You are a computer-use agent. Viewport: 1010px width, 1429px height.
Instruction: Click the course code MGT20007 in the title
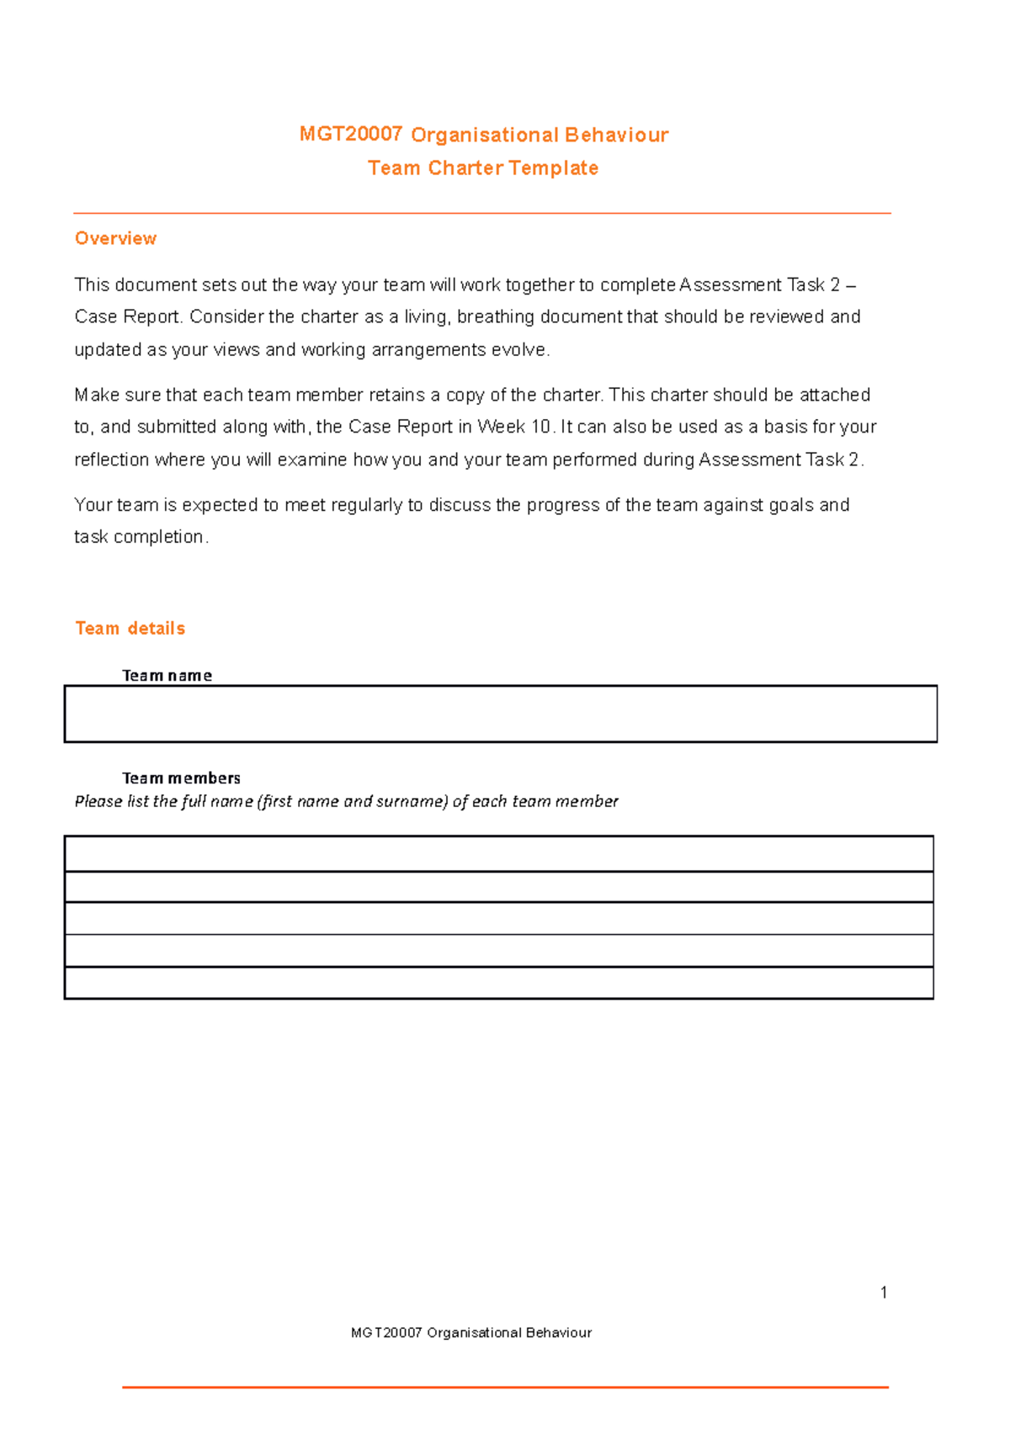350,135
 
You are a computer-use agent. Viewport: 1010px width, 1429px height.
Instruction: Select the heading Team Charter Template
483,168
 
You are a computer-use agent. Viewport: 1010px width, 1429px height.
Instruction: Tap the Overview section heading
115,238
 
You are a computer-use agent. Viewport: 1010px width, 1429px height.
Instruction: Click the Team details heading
130,629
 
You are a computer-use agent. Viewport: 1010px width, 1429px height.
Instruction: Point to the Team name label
167,676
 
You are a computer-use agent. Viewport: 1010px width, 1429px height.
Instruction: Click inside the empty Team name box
500,714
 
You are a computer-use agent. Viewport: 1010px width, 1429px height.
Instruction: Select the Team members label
181,778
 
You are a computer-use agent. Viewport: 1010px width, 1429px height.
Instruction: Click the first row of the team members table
498,854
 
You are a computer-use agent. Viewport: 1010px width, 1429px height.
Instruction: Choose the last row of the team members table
498,983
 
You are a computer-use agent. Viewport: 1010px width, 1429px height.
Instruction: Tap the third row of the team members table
498,918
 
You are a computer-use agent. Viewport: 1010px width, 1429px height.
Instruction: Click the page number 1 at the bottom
884,1293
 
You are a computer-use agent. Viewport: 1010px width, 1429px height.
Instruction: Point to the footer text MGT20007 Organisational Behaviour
471,1333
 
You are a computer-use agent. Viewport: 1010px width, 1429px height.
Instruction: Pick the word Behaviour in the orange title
616,135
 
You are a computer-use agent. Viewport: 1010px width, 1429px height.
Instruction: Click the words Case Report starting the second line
127,317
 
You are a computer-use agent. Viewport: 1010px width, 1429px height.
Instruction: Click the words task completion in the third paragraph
139,537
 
